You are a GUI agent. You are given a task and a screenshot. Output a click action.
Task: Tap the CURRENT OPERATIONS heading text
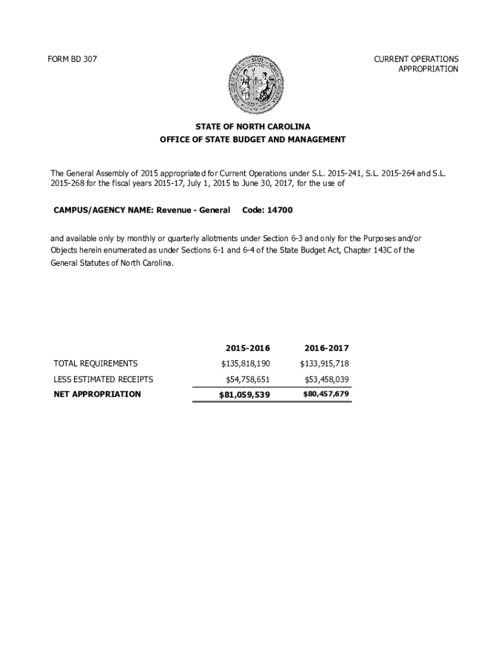point(416,59)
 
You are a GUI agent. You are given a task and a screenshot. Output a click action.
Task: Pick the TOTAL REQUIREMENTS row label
point(96,363)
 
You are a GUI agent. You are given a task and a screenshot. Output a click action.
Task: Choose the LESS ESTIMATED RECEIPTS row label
point(104,379)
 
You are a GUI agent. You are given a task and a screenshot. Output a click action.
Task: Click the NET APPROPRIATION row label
point(97,394)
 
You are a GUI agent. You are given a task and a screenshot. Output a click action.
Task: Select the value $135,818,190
point(245,364)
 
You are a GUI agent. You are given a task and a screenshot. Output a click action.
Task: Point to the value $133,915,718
point(324,364)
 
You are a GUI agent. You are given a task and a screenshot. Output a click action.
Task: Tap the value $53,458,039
point(326,379)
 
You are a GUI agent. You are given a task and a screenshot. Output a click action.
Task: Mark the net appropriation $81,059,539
point(244,396)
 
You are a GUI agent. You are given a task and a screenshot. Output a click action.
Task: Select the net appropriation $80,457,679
point(326,394)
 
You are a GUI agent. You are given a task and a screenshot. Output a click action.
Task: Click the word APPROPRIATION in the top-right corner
point(428,69)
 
